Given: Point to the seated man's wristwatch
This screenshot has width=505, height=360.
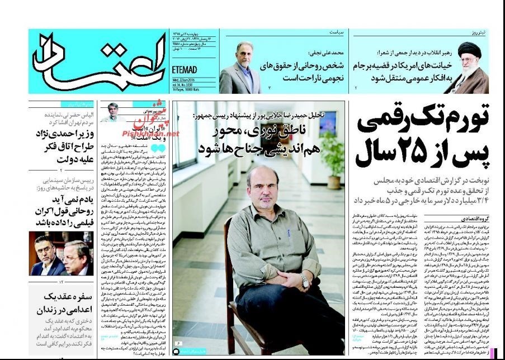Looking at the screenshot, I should point(305,282).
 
